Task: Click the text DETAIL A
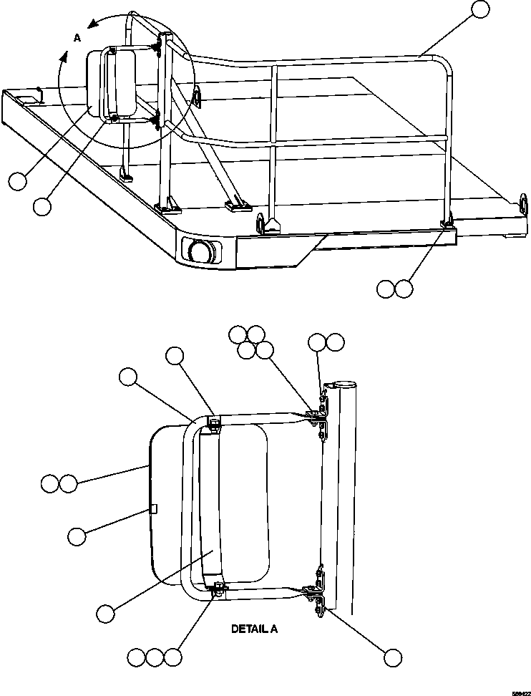(253, 629)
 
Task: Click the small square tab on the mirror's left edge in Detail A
(154, 508)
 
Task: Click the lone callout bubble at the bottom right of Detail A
(392, 657)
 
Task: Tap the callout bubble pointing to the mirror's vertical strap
(105, 614)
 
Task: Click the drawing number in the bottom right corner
(520, 691)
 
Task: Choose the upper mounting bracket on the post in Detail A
(317, 415)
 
